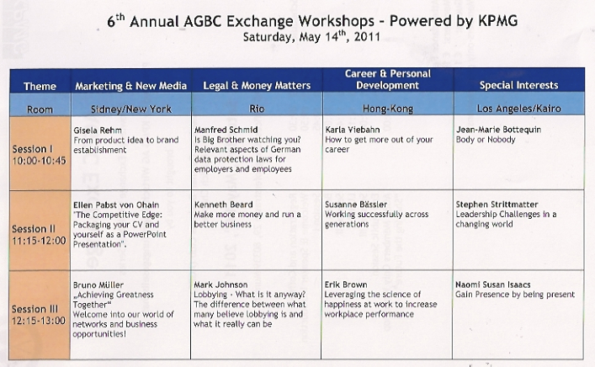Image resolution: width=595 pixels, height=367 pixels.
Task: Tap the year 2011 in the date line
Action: tap(367, 37)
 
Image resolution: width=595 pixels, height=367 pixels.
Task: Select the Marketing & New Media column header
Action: tap(131, 86)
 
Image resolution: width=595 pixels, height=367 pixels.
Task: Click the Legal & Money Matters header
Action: tap(257, 86)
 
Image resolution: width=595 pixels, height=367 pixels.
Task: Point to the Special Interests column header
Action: tap(518, 85)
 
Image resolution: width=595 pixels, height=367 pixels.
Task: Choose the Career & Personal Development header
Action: tap(387, 79)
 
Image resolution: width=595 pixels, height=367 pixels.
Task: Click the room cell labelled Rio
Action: tap(257, 109)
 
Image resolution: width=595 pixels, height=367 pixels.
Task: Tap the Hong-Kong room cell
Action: tap(387, 109)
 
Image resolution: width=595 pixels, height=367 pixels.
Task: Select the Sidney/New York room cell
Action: tap(131, 109)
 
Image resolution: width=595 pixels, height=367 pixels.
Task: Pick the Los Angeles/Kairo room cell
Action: tap(518, 109)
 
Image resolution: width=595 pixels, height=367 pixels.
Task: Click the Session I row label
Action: tap(33, 149)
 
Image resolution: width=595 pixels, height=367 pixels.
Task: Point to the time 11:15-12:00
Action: tap(39, 241)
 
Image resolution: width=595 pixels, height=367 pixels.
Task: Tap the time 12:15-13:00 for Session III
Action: tap(39, 321)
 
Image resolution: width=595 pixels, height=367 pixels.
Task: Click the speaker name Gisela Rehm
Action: tap(98, 130)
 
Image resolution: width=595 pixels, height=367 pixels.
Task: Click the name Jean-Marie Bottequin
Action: tap(498, 130)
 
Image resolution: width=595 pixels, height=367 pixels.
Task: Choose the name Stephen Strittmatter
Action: tap(497, 205)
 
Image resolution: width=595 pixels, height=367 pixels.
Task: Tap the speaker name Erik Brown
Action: tap(346, 285)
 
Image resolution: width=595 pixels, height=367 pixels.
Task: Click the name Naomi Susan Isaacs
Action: tap(493, 285)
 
